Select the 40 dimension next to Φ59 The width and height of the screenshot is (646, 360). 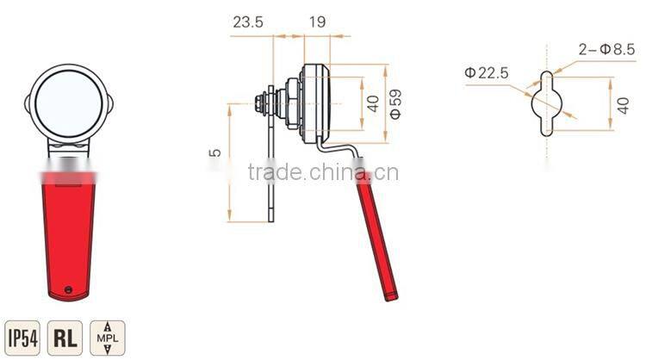373,103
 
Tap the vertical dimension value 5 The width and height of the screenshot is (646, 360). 216,153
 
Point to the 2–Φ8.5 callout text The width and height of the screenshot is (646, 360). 605,50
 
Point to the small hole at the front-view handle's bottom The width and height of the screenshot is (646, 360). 69,287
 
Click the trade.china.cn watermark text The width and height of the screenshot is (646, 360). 322,173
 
